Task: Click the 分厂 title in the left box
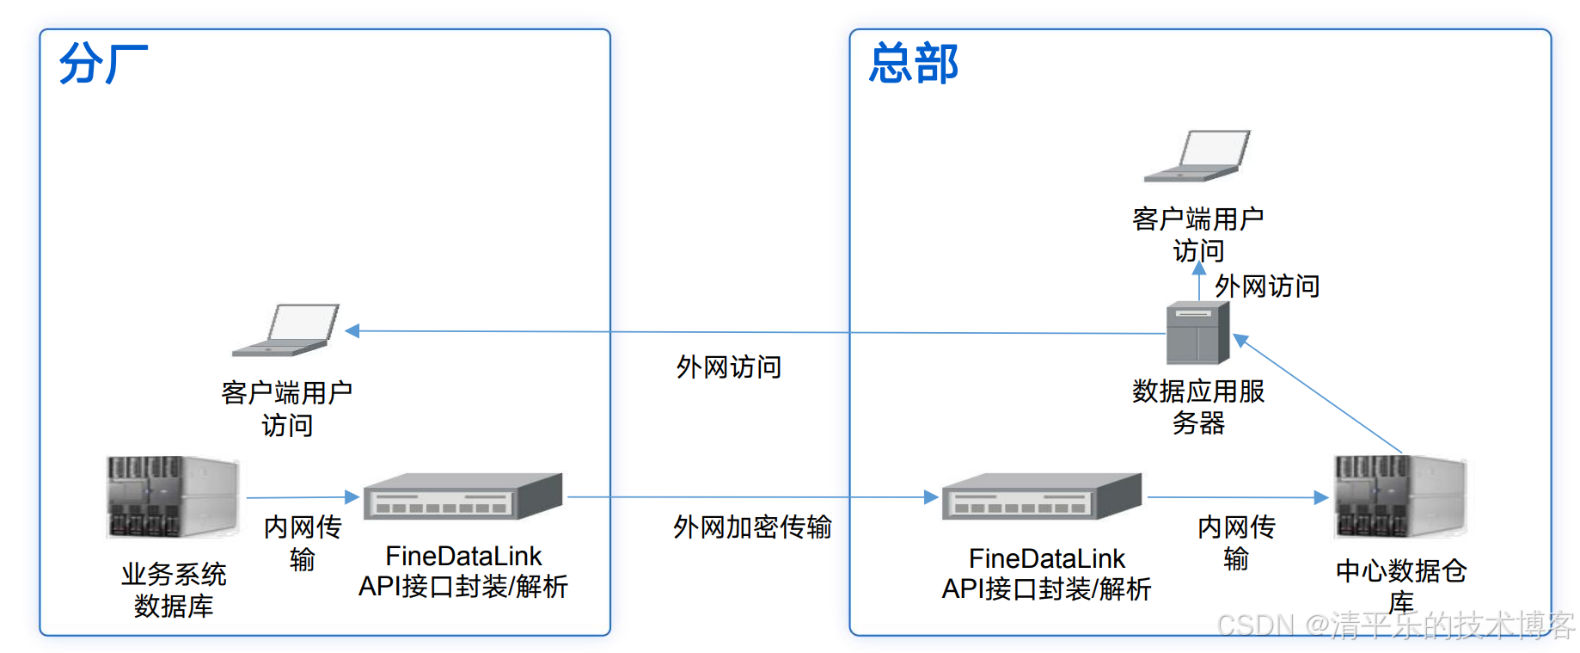103,64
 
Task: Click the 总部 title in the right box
913,64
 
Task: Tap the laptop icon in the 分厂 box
287,330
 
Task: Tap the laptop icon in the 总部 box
1198,156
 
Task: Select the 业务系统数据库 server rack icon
172,497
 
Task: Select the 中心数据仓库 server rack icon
1399,497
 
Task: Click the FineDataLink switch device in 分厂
462,497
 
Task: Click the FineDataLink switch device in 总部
1042,497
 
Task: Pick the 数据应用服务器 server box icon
1197,333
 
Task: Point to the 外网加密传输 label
752,527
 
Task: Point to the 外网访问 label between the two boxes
729,367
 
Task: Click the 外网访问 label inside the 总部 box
1267,286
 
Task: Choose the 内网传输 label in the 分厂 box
303,543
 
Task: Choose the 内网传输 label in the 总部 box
1236,542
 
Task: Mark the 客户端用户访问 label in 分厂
287,409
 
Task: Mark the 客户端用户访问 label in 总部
1198,234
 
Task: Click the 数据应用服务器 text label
1198,407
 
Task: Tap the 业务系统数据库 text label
174,589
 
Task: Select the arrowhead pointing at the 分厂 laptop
352,330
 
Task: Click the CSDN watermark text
1395,625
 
